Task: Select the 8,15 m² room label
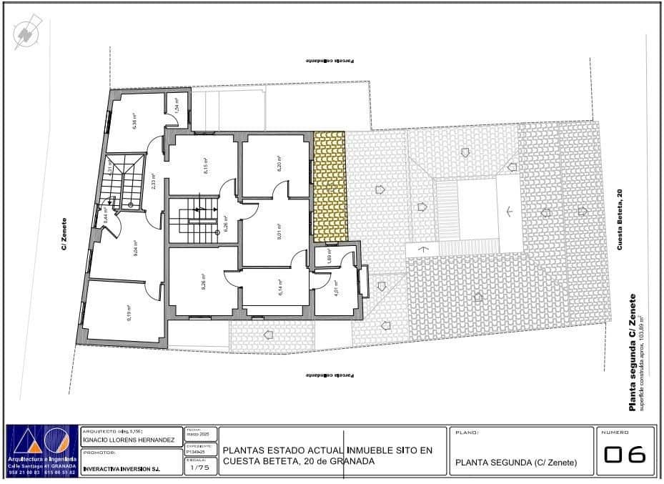click(x=205, y=167)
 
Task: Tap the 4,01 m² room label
click(x=336, y=289)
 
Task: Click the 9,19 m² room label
click(x=130, y=313)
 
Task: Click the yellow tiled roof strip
click(x=330, y=186)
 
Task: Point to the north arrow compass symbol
click(x=28, y=33)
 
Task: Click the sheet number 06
click(x=625, y=455)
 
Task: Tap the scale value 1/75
click(x=200, y=469)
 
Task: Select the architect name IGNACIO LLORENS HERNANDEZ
click(x=129, y=440)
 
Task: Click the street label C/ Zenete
click(x=64, y=234)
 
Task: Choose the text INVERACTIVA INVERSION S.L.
click(x=122, y=470)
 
